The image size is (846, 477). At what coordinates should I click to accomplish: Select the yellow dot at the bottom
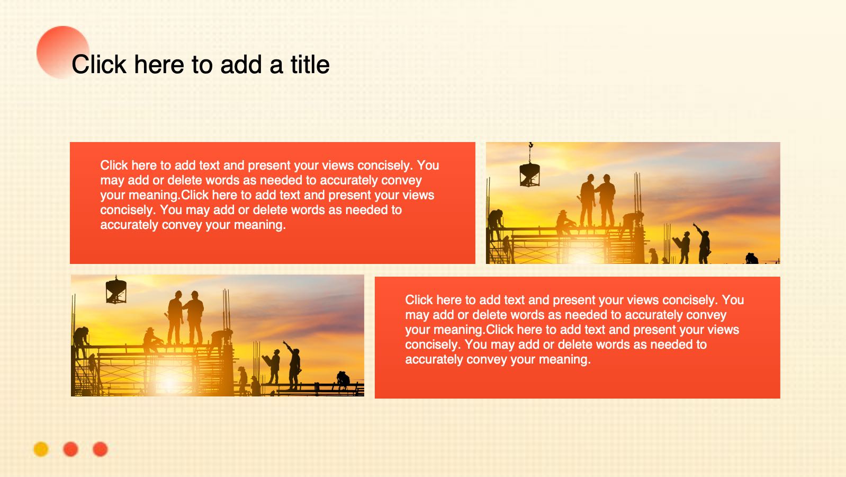(x=41, y=449)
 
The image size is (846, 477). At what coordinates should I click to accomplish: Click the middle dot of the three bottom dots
(x=70, y=449)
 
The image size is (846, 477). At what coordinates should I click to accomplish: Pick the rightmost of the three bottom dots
(x=100, y=449)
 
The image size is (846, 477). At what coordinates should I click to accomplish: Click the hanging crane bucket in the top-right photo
(x=529, y=174)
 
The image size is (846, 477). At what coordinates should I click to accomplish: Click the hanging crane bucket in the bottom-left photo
(x=116, y=291)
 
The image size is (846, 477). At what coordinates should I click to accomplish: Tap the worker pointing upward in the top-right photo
(x=703, y=244)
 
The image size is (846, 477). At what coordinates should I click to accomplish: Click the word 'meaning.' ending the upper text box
(x=260, y=225)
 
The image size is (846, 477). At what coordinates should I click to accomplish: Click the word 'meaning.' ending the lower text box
(x=565, y=359)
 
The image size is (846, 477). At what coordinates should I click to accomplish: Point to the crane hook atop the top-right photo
(x=530, y=146)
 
